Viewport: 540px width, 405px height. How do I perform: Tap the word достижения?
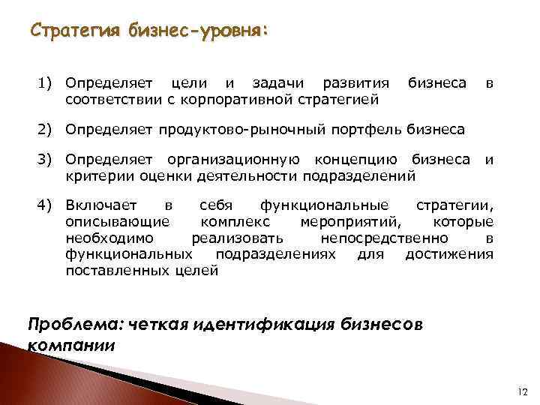coord(449,254)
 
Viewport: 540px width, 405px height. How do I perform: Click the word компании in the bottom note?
coord(71,346)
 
